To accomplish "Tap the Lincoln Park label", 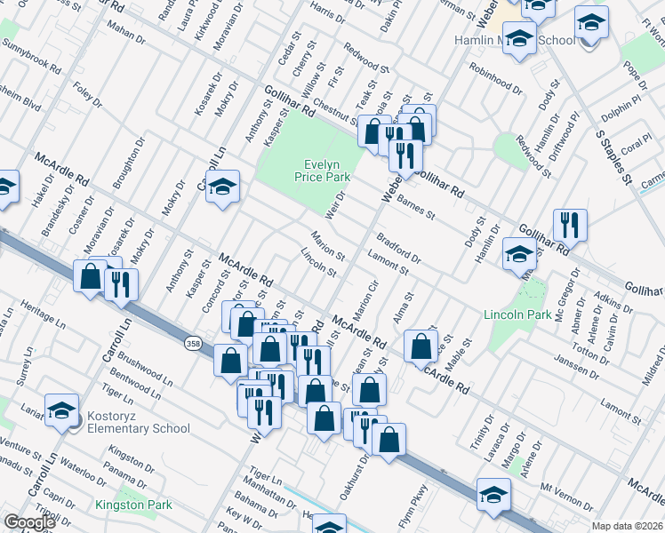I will tap(518, 314).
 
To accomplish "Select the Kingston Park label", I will tap(133, 505).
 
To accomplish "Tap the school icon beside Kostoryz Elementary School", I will tap(61, 410).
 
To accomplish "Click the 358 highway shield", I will tap(193, 343).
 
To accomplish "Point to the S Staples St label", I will tap(613, 155).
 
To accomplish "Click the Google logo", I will tap(29, 522).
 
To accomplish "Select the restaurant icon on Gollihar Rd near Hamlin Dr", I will tap(569, 225).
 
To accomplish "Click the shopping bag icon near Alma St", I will tap(421, 346).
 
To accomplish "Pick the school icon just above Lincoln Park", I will tap(519, 254).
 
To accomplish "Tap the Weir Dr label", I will tap(335, 201).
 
